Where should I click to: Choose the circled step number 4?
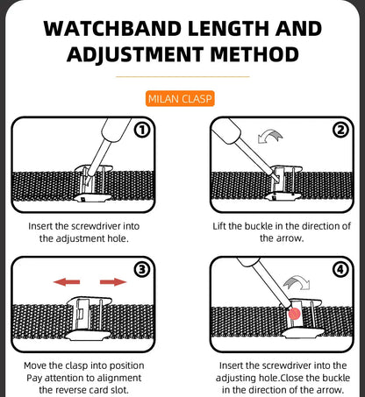tap(341, 269)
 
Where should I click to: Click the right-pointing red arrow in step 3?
tap(113, 282)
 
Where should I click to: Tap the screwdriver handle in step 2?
tap(226, 131)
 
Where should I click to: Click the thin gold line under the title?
tap(182, 76)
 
